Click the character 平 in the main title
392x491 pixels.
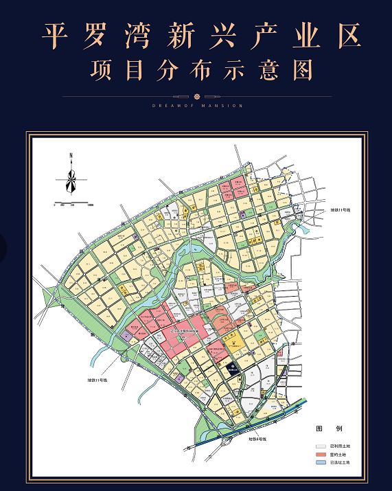point(56,36)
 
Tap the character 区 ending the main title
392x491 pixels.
point(349,36)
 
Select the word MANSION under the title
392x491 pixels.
point(223,106)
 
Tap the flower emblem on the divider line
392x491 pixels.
point(197,96)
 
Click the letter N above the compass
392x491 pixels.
point(71,157)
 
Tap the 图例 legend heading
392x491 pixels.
point(324,429)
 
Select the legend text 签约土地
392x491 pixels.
point(339,455)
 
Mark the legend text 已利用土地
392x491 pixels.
point(341,446)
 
